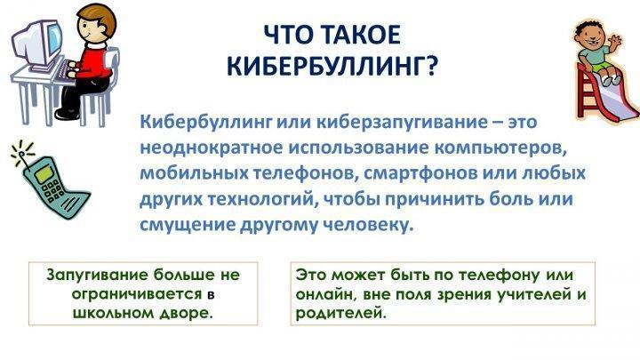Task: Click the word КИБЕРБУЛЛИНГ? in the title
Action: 332,65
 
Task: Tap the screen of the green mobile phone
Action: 44,172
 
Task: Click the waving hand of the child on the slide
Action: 613,40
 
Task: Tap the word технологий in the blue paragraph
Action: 263,199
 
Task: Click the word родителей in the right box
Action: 340,314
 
